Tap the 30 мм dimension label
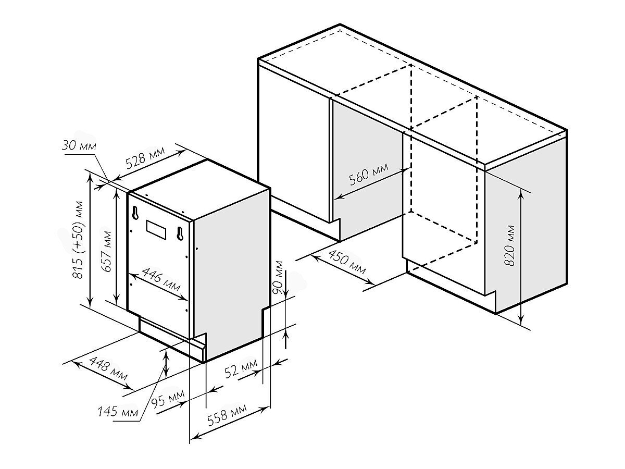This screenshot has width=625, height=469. pos(79,146)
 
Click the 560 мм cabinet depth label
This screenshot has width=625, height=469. pos(368,176)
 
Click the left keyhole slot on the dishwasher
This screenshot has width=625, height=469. pos(135,214)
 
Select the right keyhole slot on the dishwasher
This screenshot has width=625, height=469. pos(180,233)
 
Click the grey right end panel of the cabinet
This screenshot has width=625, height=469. pos(526,234)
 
